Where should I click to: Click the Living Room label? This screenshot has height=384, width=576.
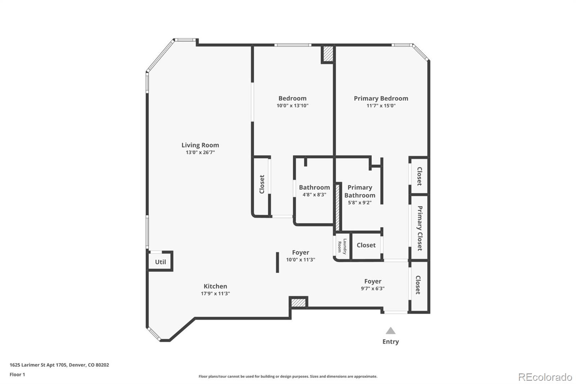(x=200, y=145)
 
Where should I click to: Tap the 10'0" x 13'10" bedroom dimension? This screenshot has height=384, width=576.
(x=292, y=106)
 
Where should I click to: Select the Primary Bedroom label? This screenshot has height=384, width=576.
(x=381, y=98)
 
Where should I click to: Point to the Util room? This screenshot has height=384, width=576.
(x=161, y=262)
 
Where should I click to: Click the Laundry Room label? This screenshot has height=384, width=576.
(x=342, y=246)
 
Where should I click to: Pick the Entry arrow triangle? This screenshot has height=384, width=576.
(x=391, y=331)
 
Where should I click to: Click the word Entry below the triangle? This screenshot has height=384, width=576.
(x=391, y=341)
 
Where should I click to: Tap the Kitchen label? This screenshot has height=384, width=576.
(x=215, y=286)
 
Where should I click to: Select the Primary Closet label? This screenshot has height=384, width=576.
(x=419, y=228)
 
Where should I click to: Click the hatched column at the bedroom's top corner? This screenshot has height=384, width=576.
(x=328, y=54)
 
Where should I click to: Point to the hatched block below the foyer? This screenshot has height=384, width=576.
(x=298, y=302)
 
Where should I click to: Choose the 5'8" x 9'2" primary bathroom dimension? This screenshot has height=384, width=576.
(x=360, y=203)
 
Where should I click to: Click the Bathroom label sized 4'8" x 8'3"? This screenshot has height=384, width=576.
(x=314, y=187)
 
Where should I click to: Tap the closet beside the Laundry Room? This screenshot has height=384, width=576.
(x=366, y=245)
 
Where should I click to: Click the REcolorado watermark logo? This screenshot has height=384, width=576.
(x=545, y=377)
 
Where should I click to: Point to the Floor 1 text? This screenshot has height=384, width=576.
(x=17, y=375)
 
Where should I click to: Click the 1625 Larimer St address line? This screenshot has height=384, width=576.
(x=59, y=365)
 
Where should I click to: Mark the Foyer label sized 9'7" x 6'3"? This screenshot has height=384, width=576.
(x=373, y=281)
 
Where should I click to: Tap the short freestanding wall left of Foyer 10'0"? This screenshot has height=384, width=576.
(x=277, y=262)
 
